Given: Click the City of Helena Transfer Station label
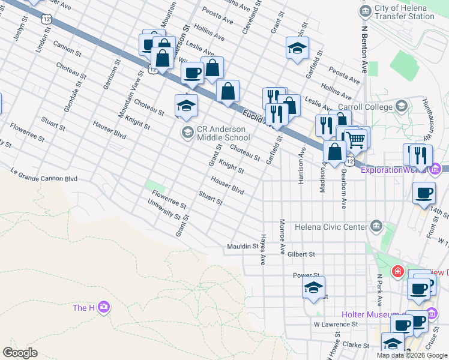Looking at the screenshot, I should (x=405, y=12).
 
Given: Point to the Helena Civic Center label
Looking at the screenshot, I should (x=330, y=226).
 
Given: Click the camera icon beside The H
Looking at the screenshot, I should (x=104, y=307).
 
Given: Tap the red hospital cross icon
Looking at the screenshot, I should (x=397, y=272).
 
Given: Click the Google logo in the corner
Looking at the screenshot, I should (x=20, y=352).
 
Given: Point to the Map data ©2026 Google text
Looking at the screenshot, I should (x=412, y=355).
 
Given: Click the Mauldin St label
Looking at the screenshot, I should (x=242, y=247).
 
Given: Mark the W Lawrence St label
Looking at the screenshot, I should (x=335, y=324).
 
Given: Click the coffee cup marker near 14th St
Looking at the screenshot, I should (x=424, y=193).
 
